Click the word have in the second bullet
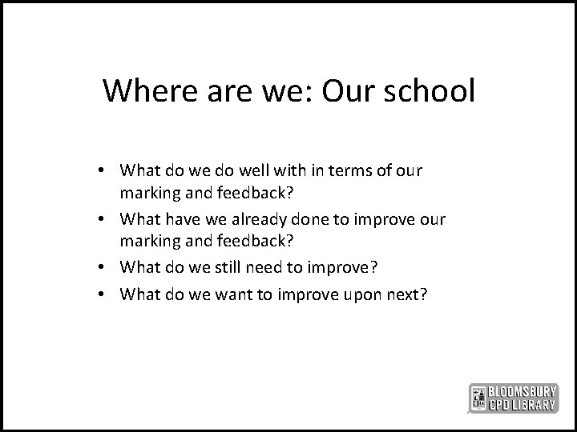[x=184, y=219]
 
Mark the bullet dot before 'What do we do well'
[x=105, y=171]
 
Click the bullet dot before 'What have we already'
[x=105, y=220]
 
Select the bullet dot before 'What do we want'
[x=105, y=294]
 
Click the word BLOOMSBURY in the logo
[x=523, y=391]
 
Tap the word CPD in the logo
[x=500, y=405]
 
